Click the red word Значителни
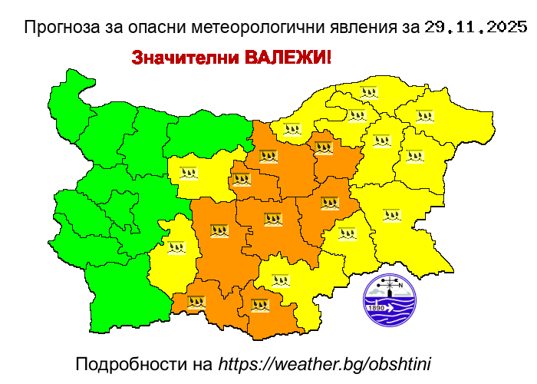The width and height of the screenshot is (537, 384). point(185,58)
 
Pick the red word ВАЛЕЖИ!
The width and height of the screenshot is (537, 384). point(288,58)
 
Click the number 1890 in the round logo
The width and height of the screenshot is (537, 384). point(377,309)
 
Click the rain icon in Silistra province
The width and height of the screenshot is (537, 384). point(370,92)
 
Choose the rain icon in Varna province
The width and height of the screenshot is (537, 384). point(414,156)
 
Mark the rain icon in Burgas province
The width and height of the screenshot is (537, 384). point(392,215)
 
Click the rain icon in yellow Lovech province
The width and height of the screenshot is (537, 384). point(188,173)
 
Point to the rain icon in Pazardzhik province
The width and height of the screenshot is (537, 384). point(219,230)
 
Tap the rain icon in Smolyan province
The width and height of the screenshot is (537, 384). point(196,303)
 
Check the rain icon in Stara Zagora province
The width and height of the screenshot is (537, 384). point(329,204)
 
